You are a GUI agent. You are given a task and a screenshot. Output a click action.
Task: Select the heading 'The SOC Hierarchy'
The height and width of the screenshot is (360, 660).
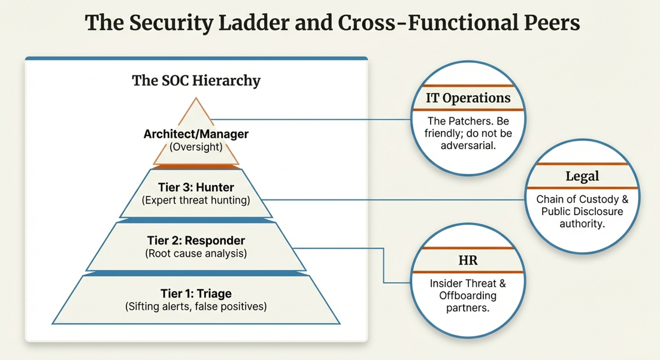[196, 80]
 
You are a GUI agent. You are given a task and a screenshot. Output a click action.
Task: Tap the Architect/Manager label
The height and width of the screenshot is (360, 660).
[196, 134]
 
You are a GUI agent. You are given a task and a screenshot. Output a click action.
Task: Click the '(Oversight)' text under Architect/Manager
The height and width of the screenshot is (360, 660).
[196, 146]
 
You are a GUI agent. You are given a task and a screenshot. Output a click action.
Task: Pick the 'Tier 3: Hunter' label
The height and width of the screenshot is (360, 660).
[196, 187]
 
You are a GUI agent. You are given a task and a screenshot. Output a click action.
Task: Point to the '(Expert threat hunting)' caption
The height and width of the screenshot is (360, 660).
[196, 200]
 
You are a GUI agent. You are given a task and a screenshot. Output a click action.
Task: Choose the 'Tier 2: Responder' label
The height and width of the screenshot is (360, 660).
[196, 241]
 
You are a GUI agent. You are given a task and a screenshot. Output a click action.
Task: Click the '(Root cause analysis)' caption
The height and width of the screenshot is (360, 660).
[196, 253]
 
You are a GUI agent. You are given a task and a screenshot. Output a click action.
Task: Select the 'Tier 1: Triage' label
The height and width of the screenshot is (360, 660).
[196, 294]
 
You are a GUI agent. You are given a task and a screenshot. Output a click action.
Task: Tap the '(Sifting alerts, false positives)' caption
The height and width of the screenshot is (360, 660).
[196, 306]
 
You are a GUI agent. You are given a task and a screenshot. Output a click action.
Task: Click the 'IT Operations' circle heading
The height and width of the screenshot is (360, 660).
[468, 98]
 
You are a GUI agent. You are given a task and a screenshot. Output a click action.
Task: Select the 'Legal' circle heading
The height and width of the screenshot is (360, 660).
[582, 176]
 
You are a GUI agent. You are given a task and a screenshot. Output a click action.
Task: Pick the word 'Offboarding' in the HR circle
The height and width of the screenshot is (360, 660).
[468, 296]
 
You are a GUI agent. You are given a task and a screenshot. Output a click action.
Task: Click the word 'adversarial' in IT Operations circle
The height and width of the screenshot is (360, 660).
[468, 145]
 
